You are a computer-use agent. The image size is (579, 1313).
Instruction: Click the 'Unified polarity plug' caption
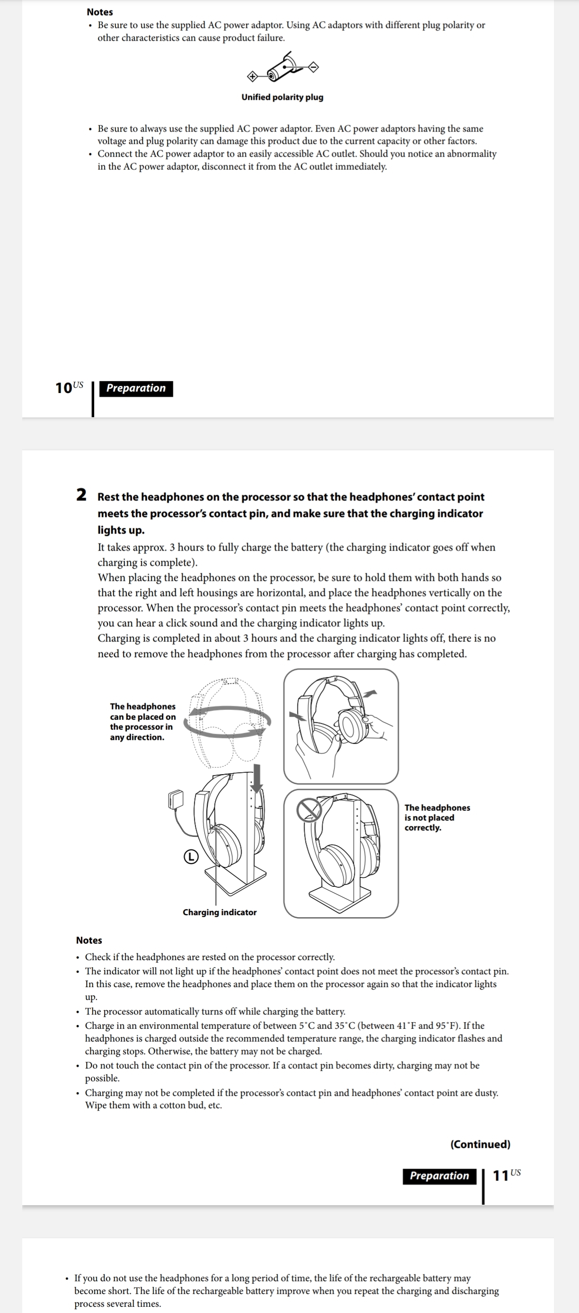(282, 97)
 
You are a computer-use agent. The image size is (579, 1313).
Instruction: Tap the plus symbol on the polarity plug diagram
(251, 77)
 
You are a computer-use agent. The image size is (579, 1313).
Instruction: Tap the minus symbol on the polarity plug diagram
(314, 67)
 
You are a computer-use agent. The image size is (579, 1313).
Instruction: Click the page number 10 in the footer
(64, 388)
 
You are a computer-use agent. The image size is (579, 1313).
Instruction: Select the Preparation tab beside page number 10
(136, 388)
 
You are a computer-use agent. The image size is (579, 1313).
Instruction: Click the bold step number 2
(81, 494)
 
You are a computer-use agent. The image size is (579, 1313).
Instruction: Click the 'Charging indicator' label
(219, 912)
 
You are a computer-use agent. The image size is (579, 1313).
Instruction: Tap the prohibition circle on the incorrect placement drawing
(309, 809)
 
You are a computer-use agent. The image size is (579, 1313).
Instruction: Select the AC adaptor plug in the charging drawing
(176, 799)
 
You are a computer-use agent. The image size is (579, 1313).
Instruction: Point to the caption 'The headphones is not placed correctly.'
(437, 818)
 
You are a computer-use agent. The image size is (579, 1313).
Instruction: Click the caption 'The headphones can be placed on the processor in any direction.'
(143, 721)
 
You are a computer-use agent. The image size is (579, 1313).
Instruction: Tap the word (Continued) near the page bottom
(480, 1144)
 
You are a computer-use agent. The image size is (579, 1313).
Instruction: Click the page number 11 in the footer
(501, 1175)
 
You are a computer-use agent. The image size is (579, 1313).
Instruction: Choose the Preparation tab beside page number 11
(439, 1176)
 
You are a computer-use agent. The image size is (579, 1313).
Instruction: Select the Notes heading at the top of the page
(99, 12)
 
